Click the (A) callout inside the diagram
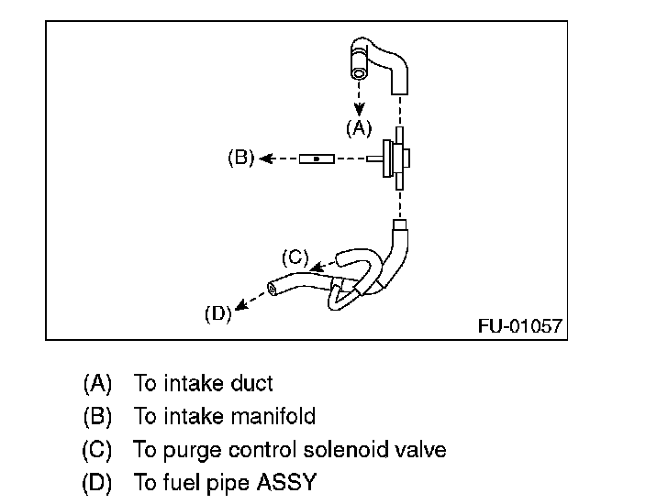pos(359,129)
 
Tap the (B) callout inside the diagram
pos(240,158)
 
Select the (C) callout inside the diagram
pos(295,258)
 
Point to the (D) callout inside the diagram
pos(217,314)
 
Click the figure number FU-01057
pos(519,325)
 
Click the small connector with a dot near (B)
pos(316,159)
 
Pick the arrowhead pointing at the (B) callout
pos(264,159)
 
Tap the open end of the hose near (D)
pos(273,289)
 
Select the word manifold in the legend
pos(274,417)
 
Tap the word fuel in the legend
pos(172,483)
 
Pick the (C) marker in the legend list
pos(97,450)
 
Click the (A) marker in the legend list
pos(97,383)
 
